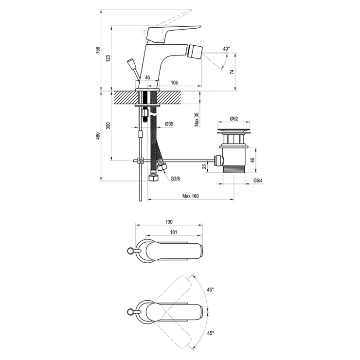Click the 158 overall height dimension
(98, 50)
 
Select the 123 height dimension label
(108, 58)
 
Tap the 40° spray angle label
(226, 49)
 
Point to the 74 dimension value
(232, 72)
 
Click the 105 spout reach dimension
(174, 82)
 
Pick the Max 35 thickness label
(197, 120)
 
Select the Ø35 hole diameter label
(169, 124)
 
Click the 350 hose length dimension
(108, 126)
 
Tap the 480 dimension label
(98, 136)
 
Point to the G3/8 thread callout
(175, 179)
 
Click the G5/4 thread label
(258, 180)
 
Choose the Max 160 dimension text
(191, 196)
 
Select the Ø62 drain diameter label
(234, 119)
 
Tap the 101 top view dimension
(174, 232)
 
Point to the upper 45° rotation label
(210, 290)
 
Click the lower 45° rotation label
(210, 333)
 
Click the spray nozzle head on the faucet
(195, 52)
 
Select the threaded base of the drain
(234, 169)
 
